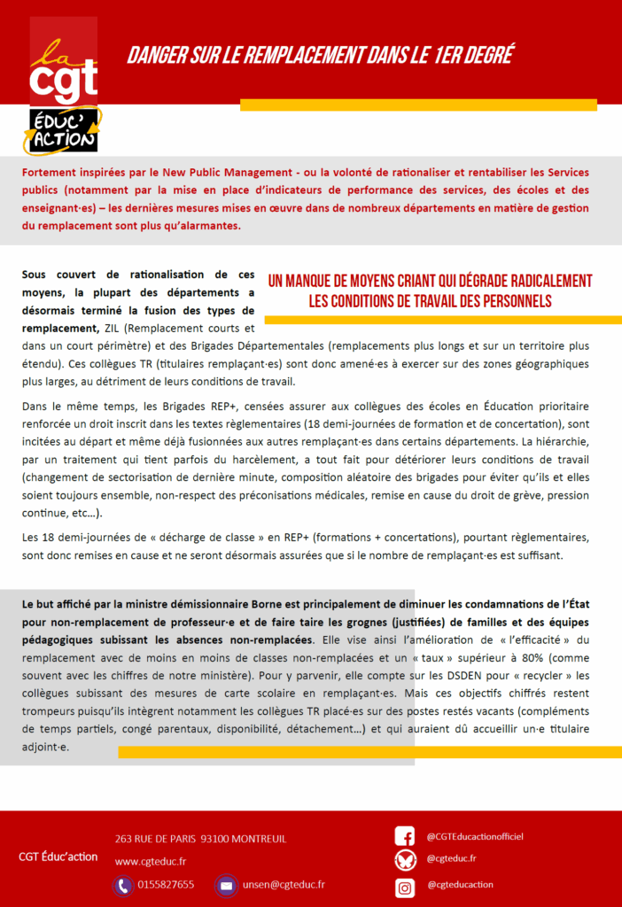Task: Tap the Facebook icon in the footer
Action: point(404,836)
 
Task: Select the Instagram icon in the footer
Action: point(404,885)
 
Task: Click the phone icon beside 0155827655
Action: point(122,885)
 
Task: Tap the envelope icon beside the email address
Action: point(226,885)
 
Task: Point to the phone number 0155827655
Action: point(166,885)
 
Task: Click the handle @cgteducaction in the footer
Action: point(460,884)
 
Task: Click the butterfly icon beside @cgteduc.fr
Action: point(404,860)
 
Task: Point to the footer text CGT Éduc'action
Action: point(58,857)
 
